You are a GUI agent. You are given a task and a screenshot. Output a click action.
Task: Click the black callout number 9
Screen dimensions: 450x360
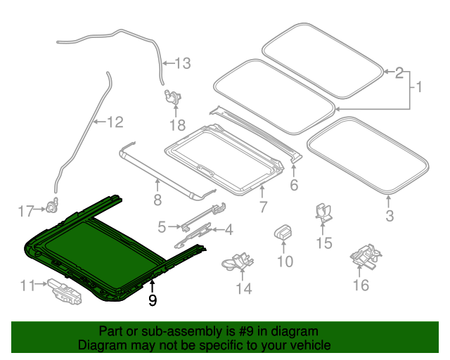(x=153, y=300)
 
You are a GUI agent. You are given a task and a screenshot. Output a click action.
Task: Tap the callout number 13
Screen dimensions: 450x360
(x=183, y=63)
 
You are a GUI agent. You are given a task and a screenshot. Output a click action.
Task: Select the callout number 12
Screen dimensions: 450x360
(x=115, y=122)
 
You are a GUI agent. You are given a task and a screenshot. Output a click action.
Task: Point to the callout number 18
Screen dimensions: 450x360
(x=178, y=125)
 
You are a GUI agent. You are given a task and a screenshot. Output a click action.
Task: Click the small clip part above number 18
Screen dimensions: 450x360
(x=172, y=97)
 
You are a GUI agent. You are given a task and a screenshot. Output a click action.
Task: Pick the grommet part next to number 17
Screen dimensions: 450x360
(x=52, y=205)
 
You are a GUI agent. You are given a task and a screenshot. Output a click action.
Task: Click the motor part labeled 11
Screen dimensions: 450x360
(x=65, y=291)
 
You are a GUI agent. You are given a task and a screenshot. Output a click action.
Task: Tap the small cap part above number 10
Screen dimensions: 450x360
(x=283, y=231)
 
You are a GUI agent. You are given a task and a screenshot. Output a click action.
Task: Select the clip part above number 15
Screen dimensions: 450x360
(x=323, y=213)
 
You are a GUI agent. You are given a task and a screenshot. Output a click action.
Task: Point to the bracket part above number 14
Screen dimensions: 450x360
(x=238, y=261)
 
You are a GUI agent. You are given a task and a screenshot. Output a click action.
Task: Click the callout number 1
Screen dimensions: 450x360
(x=419, y=86)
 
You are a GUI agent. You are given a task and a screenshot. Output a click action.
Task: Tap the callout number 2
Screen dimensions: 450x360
(x=399, y=73)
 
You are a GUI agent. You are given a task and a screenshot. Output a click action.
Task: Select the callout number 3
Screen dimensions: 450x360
(x=390, y=216)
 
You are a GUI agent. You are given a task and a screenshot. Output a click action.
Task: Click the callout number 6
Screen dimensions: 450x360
(x=294, y=185)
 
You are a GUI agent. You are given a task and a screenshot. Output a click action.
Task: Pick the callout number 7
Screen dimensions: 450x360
(x=263, y=207)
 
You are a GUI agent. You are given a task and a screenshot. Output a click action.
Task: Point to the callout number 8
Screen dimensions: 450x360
(x=157, y=200)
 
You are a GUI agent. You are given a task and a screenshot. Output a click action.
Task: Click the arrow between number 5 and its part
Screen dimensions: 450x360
(x=174, y=227)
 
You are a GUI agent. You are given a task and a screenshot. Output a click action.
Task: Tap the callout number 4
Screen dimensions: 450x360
(x=229, y=230)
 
